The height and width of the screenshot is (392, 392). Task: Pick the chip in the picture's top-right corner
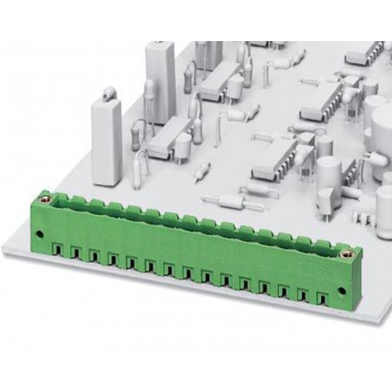365,53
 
